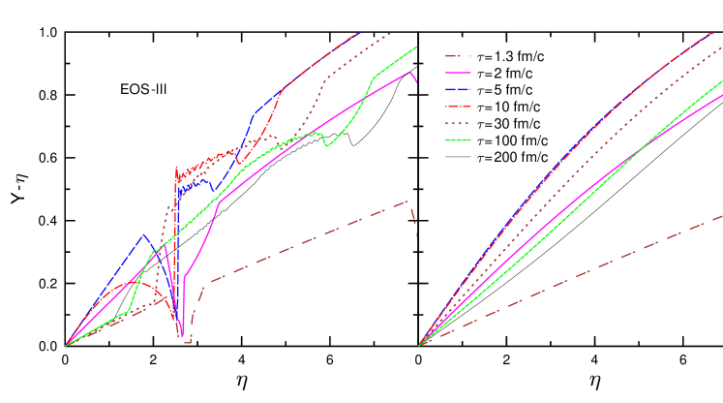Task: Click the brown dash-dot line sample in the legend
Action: [x=458, y=56]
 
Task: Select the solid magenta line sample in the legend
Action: [x=458, y=73]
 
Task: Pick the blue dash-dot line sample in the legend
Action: [x=458, y=89]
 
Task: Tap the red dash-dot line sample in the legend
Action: [x=458, y=107]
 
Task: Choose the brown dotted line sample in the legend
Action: [x=458, y=123]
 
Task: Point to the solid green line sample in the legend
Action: [x=458, y=140]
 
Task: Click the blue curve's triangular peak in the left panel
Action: [x=144, y=235]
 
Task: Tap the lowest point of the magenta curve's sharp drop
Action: [x=182, y=337]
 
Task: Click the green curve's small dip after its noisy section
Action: [x=327, y=145]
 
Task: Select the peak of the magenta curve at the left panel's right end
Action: [x=410, y=72]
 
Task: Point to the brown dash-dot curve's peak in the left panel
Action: [x=408, y=201]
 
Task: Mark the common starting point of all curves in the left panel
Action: [x=66, y=345]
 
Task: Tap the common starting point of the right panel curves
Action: [x=418, y=345]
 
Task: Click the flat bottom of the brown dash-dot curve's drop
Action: [x=188, y=342]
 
